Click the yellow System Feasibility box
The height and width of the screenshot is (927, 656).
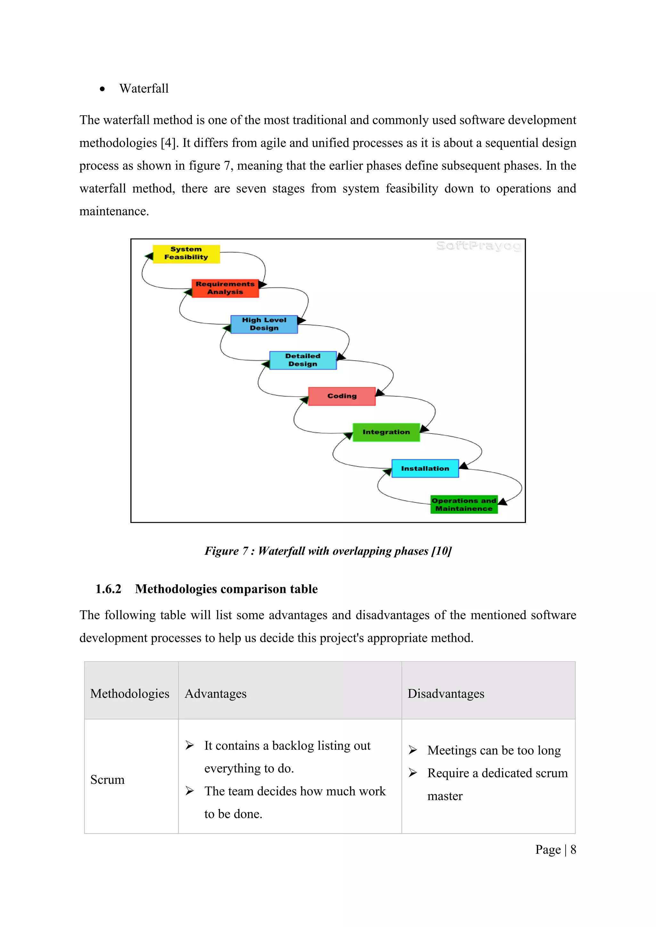click(x=186, y=254)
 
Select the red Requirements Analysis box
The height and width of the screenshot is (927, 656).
click(x=225, y=288)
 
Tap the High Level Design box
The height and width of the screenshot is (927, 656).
click(x=264, y=324)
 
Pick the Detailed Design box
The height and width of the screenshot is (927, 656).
click(x=303, y=360)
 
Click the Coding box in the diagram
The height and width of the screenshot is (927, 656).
click(x=342, y=396)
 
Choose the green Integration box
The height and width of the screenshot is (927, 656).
click(x=386, y=432)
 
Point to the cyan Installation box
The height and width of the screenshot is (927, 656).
click(x=425, y=468)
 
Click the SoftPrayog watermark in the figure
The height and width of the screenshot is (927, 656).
click(x=479, y=246)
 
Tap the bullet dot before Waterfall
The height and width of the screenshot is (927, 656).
click(x=102, y=89)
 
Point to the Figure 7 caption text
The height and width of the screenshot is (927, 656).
click(x=328, y=551)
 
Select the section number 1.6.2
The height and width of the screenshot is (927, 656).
click(x=108, y=589)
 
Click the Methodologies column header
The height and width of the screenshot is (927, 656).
click(x=130, y=694)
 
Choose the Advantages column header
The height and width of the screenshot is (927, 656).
click(x=216, y=694)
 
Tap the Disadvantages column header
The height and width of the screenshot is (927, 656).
click(x=446, y=694)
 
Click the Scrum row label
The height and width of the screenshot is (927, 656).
click(x=107, y=780)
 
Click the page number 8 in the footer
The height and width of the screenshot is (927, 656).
click(x=573, y=850)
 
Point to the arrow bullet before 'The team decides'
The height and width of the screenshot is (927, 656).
click(x=189, y=791)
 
